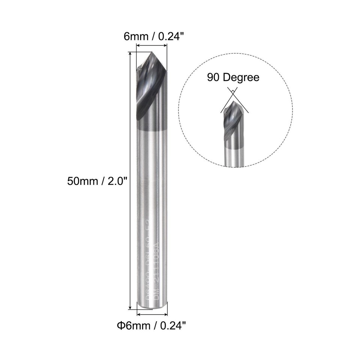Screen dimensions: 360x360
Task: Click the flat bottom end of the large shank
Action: tap(152, 308)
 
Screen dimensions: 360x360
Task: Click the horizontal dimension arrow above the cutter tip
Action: tap(151, 46)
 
